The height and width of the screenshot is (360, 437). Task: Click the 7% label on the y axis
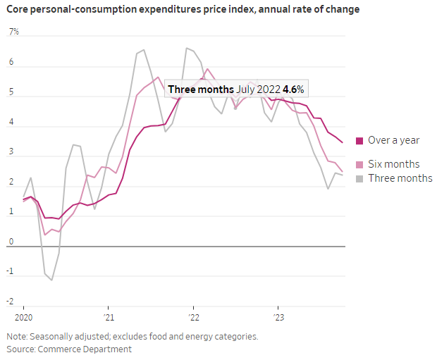tap(13, 32)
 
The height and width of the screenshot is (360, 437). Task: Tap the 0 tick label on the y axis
tap(11, 242)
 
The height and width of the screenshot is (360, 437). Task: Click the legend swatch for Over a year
tap(359, 140)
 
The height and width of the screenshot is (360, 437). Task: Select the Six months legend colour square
tap(359, 164)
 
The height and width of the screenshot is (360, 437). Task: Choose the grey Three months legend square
tap(359, 178)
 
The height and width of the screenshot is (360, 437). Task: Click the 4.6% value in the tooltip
tap(295, 89)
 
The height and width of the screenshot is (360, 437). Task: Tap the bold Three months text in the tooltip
tap(199, 89)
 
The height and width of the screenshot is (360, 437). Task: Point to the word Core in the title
tap(19, 9)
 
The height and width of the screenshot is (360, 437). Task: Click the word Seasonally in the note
tap(61, 336)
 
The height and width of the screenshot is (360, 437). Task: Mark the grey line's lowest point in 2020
tap(51, 280)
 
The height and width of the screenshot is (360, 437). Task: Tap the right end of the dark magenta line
tap(343, 142)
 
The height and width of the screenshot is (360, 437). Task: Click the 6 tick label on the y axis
tap(11, 62)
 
